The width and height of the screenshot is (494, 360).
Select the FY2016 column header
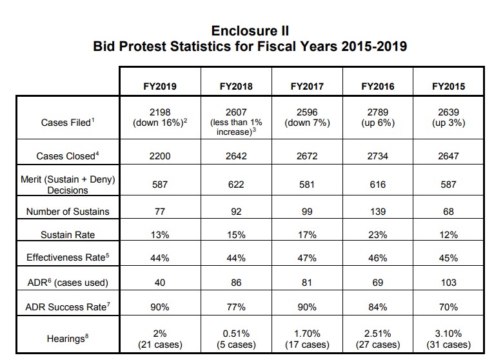(378, 86)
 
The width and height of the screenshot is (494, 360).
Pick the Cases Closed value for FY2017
(306, 155)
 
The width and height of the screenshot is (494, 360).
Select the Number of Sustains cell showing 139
(378, 212)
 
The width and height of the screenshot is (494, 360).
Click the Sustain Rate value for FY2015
(449, 235)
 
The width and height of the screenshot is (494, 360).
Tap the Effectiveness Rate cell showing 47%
(306, 258)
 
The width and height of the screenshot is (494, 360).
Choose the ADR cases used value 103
(449, 282)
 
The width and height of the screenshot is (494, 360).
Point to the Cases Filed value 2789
(378, 117)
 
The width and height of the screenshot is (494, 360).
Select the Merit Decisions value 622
(235, 184)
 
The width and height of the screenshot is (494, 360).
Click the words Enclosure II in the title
(250, 32)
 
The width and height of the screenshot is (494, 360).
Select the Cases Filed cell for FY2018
(235, 123)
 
